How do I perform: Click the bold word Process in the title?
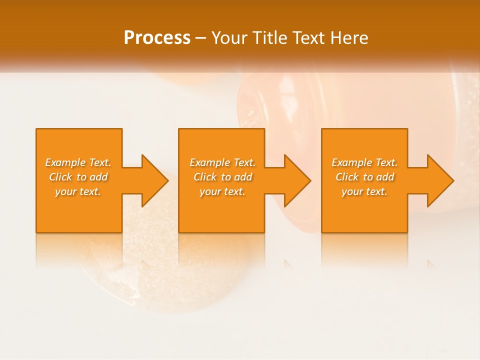tap(157, 37)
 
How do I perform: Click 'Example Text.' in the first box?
tap(78, 162)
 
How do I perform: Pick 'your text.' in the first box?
tap(78, 191)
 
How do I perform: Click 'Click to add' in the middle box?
tap(222, 177)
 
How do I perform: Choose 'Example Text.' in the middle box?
tap(222, 162)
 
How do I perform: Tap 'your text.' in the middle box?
tap(222, 191)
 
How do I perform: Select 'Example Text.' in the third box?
tap(364, 162)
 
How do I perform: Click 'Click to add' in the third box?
tap(364, 177)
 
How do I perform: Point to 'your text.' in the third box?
tap(364, 191)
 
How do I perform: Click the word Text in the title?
tap(309, 38)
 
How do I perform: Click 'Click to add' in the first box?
tap(78, 177)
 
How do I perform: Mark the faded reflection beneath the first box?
tap(79, 250)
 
